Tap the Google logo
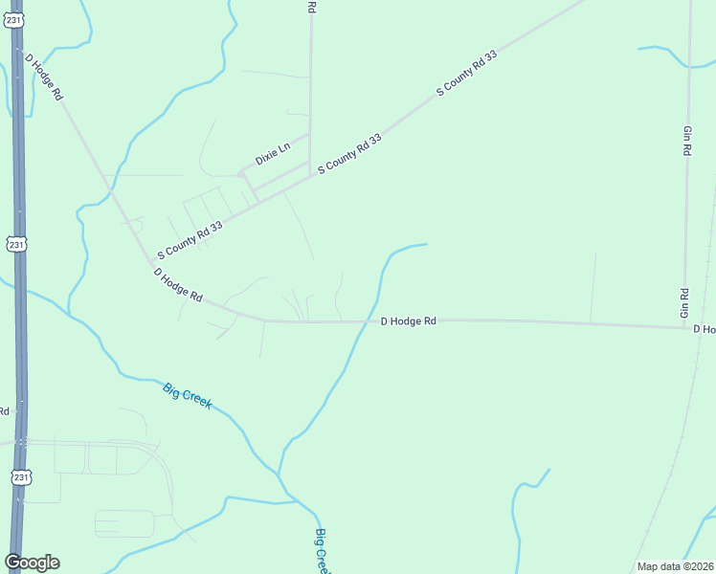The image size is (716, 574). click(32, 563)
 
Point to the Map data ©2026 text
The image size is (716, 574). click(675, 566)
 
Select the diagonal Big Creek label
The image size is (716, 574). click(187, 396)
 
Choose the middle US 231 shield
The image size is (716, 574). click(16, 244)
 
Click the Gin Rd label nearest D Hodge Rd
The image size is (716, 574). click(684, 303)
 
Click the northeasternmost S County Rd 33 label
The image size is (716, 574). click(467, 73)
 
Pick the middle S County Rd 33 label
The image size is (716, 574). click(349, 153)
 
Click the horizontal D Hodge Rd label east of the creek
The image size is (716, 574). click(408, 322)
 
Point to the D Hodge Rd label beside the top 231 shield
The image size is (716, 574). click(44, 77)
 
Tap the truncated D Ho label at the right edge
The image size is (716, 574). click(704, 329)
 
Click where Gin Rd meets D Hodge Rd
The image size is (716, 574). click(684, 327)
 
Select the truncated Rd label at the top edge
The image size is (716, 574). click(311, 7)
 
